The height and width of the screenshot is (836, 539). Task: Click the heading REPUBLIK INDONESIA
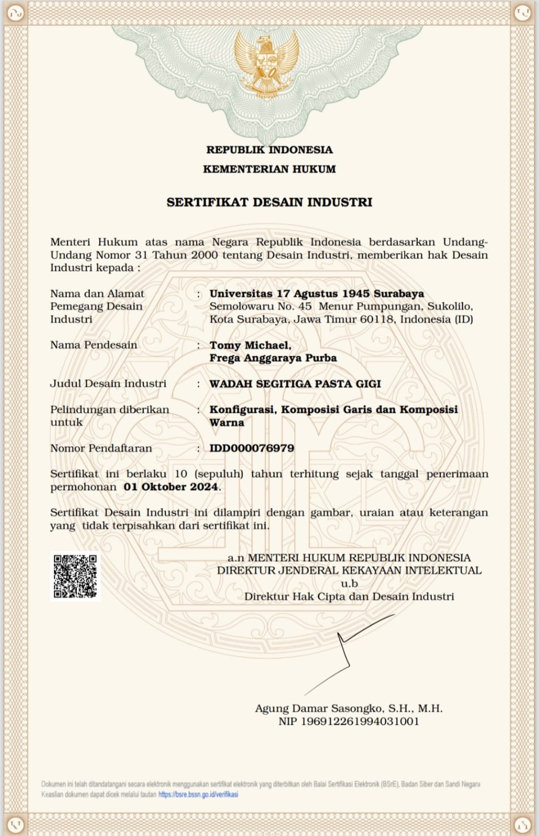pyautogui.click(x=269, y=150)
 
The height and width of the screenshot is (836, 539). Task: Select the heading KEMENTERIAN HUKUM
pyautogui.click(x=269, y=169)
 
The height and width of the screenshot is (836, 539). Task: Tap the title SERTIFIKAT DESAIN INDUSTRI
pyautogui.click(x=269, y=202)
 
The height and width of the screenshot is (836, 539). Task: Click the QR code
pyautogui.click(x=75, y=576)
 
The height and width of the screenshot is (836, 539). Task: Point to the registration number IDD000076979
pyautogui.click(x=251, y=448)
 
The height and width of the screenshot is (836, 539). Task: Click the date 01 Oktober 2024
pyautogui.click(x=170, y=487)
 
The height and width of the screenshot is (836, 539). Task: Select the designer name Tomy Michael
pyautogui.click(x=250, y=345)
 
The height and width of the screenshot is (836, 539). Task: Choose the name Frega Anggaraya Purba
pyautogui.click(x=273, y=358)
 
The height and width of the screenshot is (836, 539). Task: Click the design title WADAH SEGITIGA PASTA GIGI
pyautogui.click(x=295, y=384)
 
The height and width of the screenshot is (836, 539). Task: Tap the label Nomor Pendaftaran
pyautogui.click(x=101, y=448)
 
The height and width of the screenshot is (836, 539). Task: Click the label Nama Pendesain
pyautogui.click(x=94, y=345)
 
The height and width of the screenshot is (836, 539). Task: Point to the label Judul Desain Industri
pyautogui.click(x=108, y=384)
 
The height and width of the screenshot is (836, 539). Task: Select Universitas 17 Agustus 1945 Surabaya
pyautogui.click(x=316, y=294)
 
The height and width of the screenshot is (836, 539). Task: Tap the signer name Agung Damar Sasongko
pyautogui.click(x=319, y=709)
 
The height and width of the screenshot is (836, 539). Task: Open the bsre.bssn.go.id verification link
pyautogui.click(x=198, y=794)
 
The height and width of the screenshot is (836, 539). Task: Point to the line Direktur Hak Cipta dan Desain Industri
pyautogui.click(x=349, y=596)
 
